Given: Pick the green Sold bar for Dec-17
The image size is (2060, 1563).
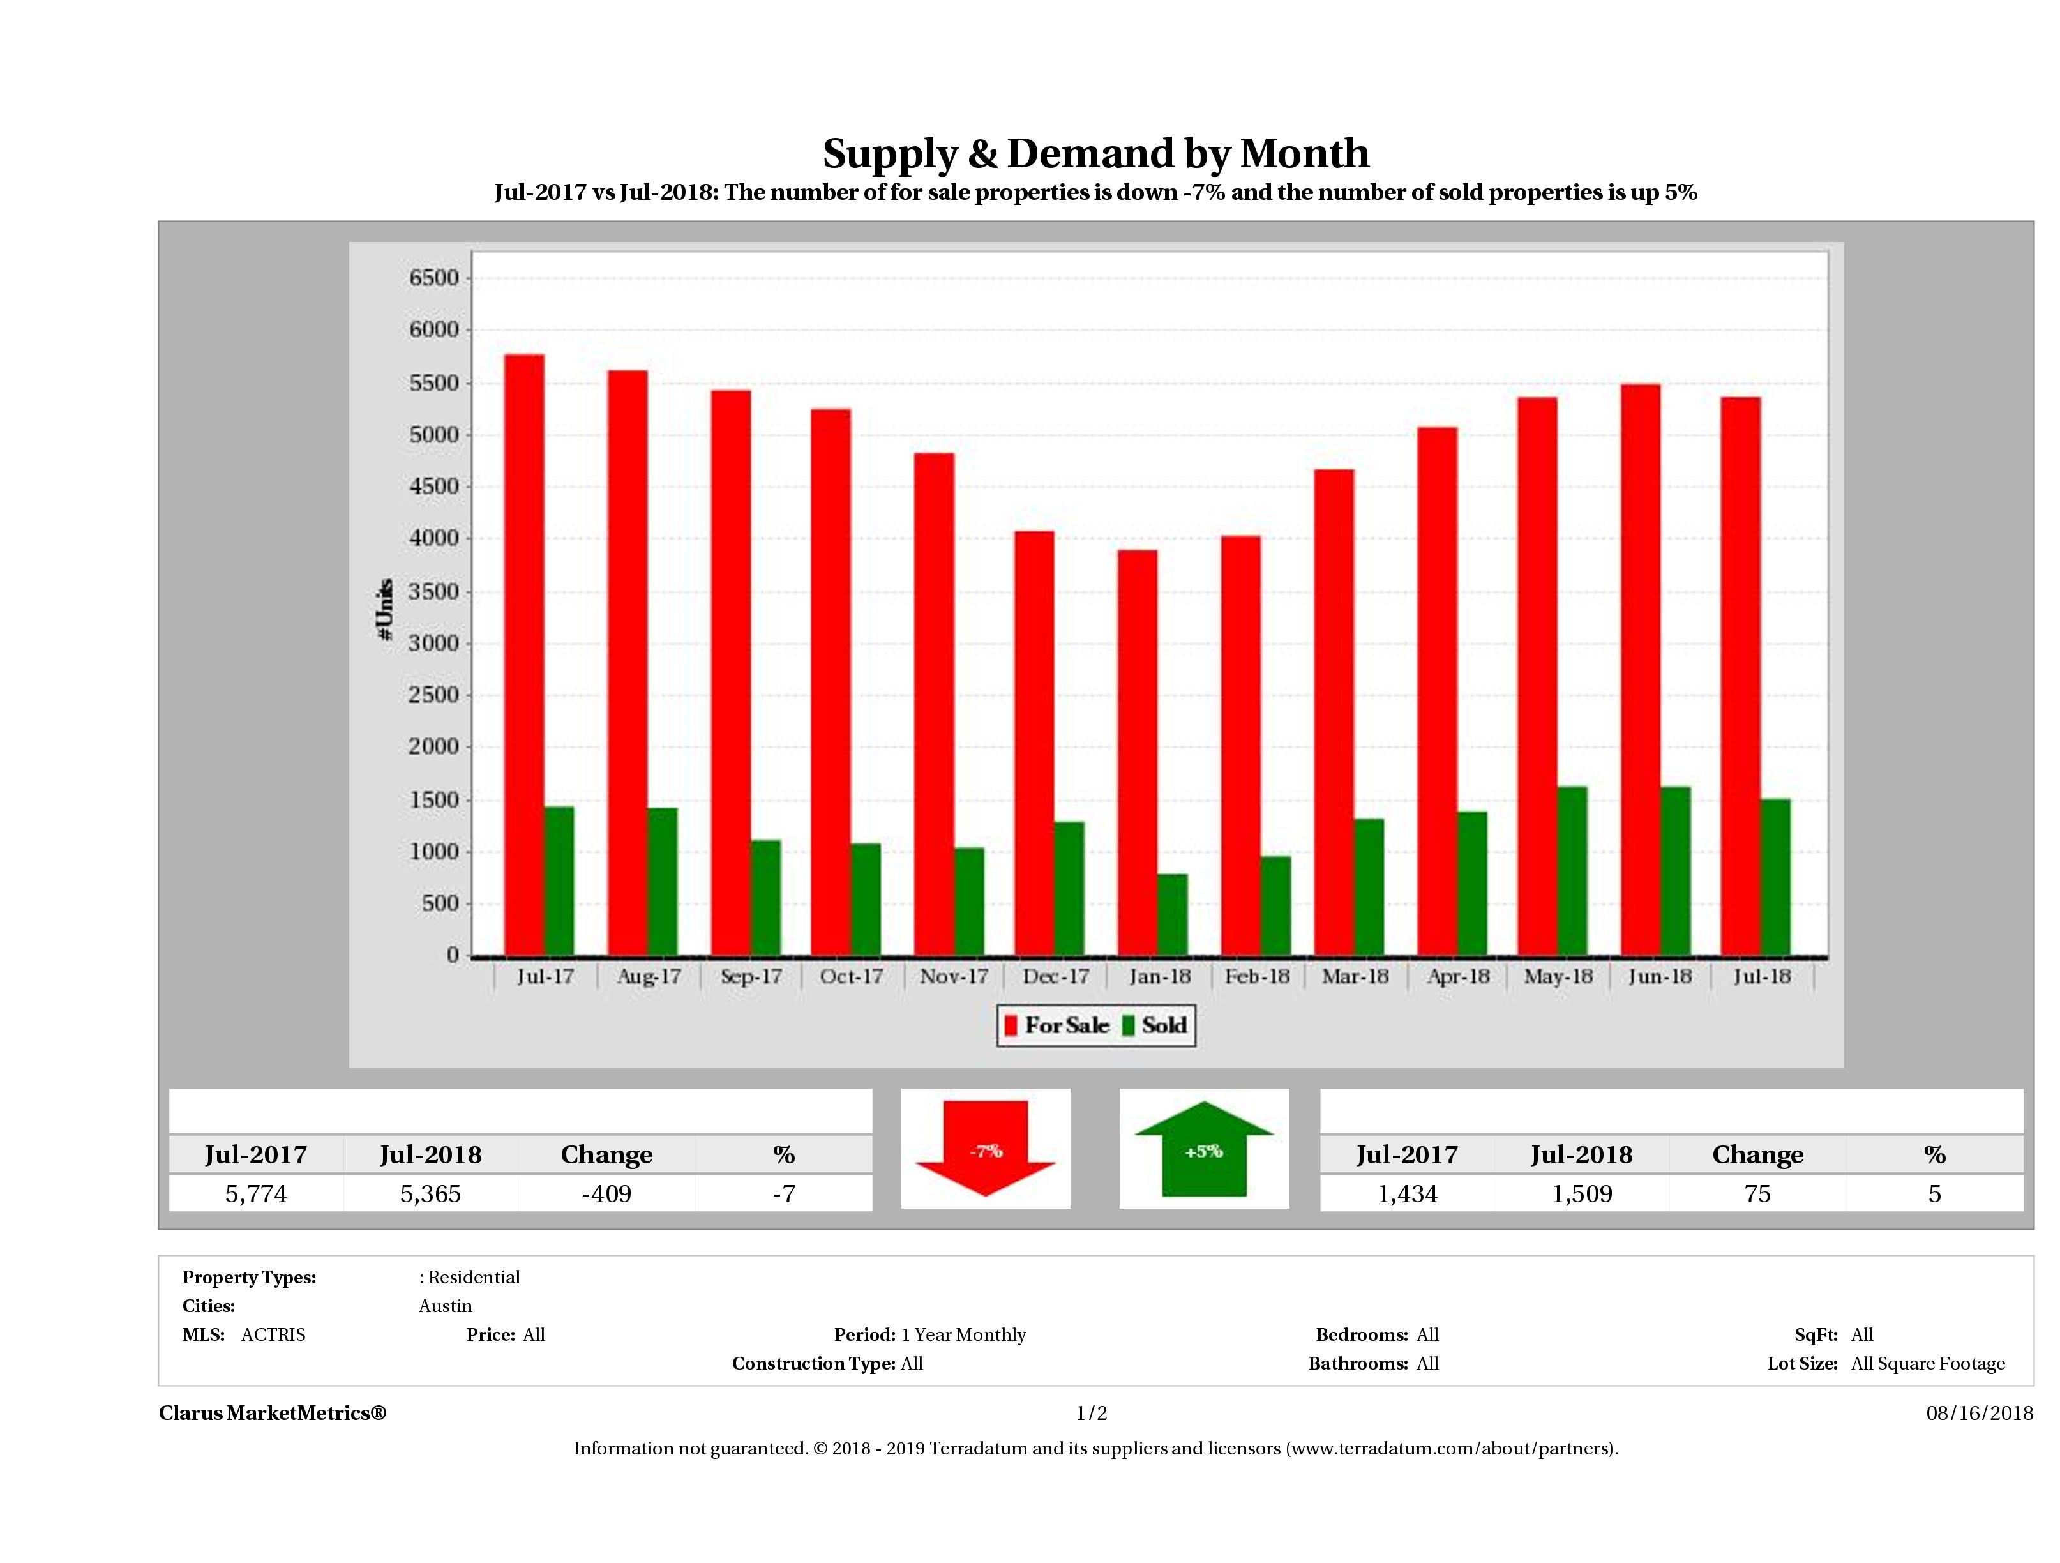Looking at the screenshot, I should click(1069, 889).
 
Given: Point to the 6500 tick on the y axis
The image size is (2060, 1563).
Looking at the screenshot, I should click(434, 278).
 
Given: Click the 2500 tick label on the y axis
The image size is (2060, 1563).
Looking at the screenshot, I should click(434, 695).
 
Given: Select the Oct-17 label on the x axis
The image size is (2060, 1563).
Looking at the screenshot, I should click(851, 976).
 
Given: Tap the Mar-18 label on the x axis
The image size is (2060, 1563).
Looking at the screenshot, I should click(1355, 976).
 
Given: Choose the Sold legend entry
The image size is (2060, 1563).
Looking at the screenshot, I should click(1155, 1025).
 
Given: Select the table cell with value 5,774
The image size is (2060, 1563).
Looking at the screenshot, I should click(256, 1193).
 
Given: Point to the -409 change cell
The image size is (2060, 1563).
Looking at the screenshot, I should click(606, 1193).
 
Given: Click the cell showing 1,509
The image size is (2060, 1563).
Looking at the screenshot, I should click(1581, 1193).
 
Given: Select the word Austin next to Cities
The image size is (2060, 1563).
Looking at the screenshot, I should click(445, 1306).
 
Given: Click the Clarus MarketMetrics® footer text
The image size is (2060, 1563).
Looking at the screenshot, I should click(272, 1413).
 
